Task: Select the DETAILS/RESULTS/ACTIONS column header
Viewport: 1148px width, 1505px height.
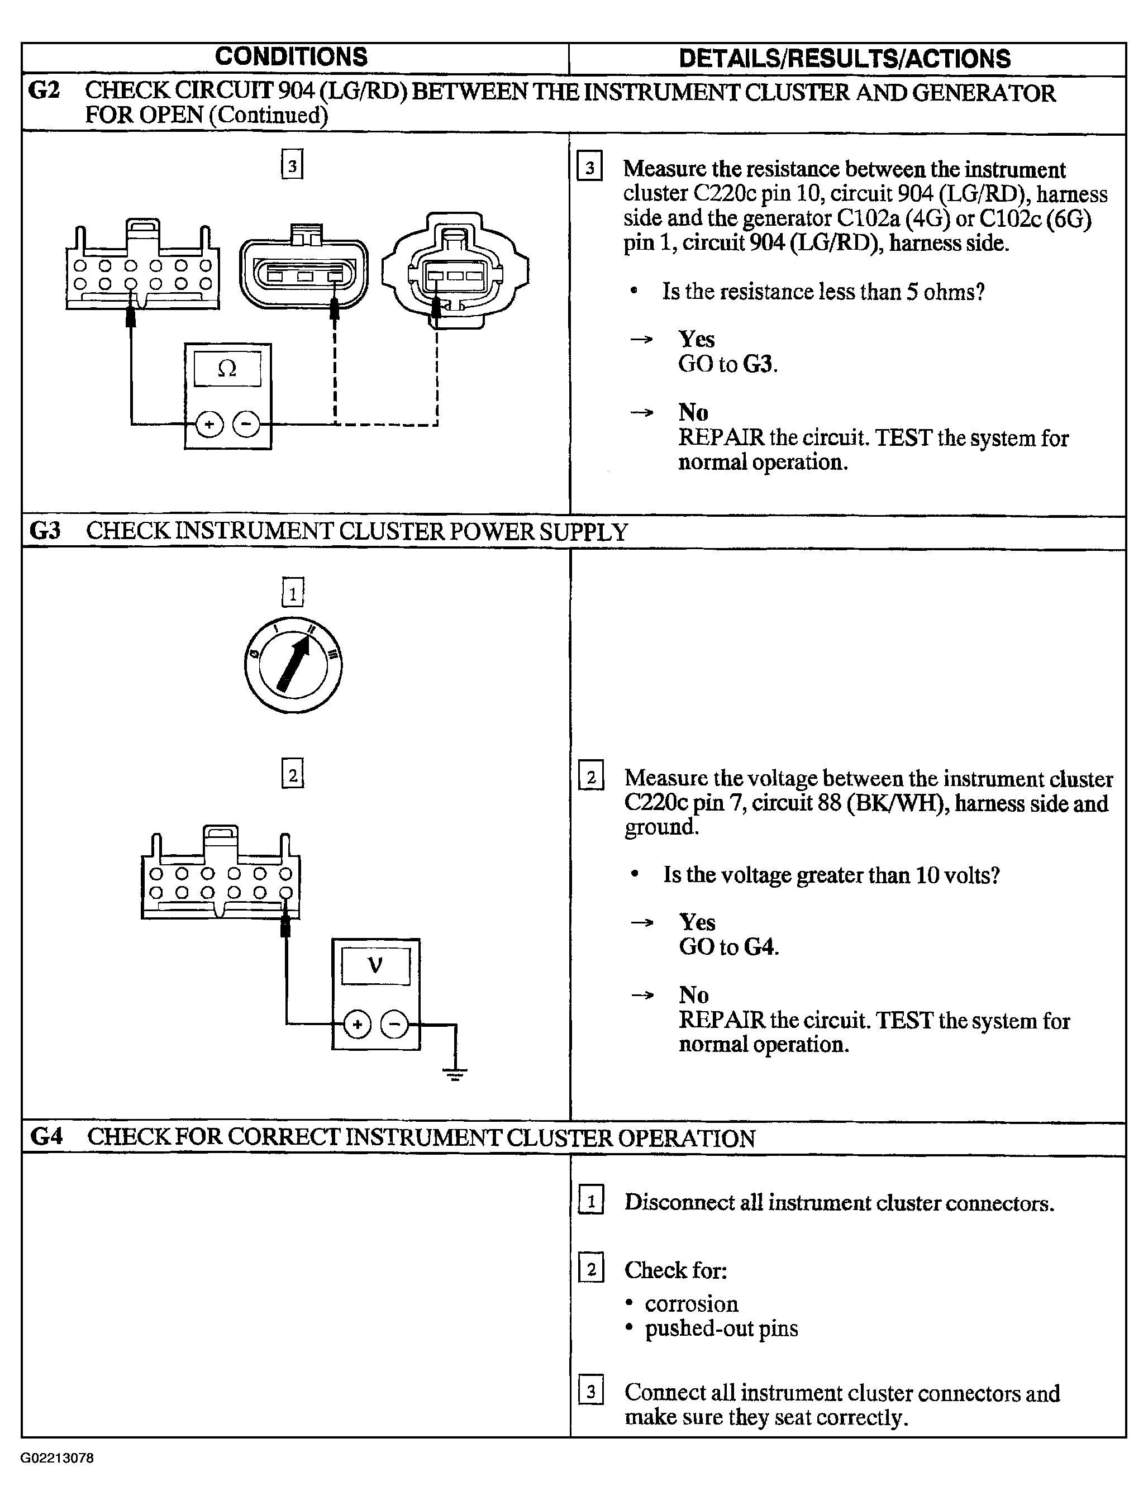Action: click(845, 59)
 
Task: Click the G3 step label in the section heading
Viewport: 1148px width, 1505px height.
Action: click(45, 531)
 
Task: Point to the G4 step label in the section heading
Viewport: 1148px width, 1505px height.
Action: click(46, 1136)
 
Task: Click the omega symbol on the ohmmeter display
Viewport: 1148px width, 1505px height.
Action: click(227, 369)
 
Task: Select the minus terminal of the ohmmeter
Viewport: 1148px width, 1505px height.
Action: click(246, 425)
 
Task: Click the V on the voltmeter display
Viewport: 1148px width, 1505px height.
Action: click(375, 965)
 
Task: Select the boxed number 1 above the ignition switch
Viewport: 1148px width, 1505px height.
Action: click(293, 593)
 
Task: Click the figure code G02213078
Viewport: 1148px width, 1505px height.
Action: click(58, 1459)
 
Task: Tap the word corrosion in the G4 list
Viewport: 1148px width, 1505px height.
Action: click(692, 1303)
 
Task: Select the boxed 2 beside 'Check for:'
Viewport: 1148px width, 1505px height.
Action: click(591, 1270)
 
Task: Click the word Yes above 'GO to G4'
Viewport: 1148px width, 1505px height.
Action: click(697, 922)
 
